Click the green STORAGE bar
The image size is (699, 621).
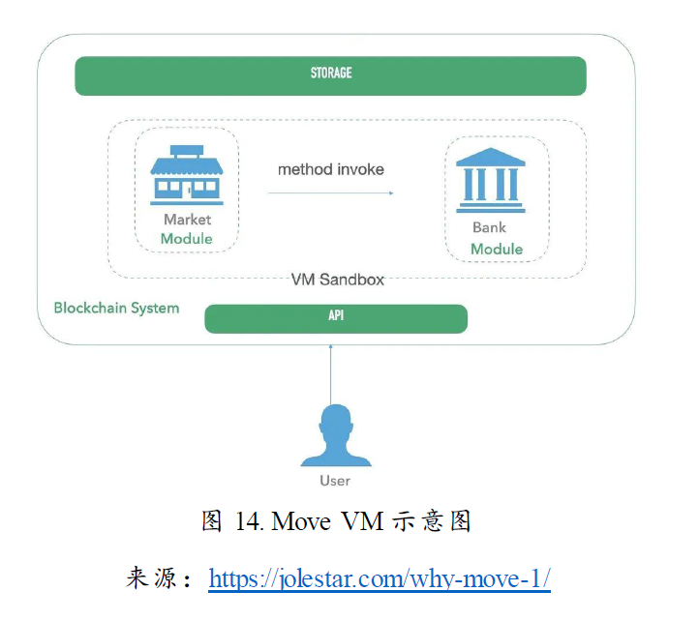point(330,75)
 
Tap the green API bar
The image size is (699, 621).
point(336,318)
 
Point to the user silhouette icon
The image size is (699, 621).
point(335,436)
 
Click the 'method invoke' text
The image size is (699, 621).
point(331,169)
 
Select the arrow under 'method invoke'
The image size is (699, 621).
point(331,193)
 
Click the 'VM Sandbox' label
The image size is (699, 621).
point(338,280)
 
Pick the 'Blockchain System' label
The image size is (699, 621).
point(116,309)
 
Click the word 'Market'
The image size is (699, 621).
point(187,220)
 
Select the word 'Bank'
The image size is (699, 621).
point(489,228)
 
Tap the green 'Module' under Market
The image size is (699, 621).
point(187,239)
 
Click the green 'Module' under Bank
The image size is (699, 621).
point(496,250)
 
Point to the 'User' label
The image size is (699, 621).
point(335,481)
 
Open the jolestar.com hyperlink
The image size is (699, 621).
point(380,579)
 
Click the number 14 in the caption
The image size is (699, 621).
point(248,522)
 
